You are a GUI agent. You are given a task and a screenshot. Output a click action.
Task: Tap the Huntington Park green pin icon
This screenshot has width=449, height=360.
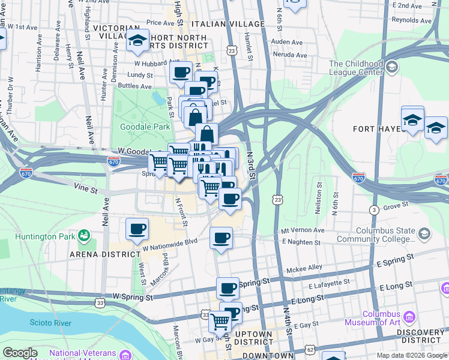click(85, 235)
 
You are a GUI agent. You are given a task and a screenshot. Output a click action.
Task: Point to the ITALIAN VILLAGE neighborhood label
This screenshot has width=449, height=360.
click(228, 23)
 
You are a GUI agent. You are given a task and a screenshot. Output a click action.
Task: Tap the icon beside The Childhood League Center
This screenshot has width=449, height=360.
click(393, 66)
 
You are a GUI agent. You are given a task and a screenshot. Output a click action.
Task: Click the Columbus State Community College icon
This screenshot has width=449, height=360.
click(424, 233)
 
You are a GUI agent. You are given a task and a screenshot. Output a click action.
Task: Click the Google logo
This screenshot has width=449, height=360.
click(20, 353)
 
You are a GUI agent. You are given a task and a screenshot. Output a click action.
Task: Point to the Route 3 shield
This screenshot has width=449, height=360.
click(373, 209)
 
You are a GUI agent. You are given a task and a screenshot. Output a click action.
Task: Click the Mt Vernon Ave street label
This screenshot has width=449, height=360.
click(303, 230)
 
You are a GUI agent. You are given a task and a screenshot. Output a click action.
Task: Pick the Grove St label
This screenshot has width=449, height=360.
click(396, 206)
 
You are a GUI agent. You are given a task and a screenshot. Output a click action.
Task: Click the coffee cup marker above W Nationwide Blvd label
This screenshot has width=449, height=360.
click(137, 229)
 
